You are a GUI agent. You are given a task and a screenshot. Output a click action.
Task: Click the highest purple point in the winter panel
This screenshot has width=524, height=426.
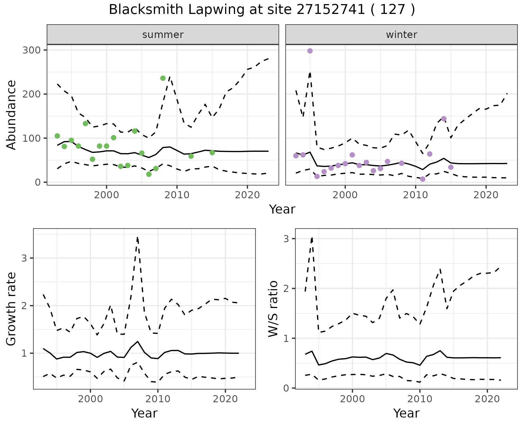click(310, 51)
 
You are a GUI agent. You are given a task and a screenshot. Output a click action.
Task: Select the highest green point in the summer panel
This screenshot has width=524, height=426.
click(163, 78)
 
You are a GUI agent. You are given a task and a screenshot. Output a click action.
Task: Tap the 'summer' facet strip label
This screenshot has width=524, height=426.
click(163, 35)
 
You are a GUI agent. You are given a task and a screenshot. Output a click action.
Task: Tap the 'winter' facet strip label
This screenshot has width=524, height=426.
click(401, 35)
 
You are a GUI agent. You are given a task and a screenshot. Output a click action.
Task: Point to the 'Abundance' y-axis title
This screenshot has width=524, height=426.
click(11, 115)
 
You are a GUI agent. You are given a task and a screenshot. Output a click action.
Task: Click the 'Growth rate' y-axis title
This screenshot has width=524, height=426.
click(11, 309)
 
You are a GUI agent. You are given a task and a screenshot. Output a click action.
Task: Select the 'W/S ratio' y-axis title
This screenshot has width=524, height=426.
click(273, 309)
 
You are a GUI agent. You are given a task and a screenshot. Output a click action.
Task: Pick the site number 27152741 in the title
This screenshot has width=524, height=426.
click(331, 10)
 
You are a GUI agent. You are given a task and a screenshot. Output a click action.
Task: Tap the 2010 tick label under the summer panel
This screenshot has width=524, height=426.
click(177, 196)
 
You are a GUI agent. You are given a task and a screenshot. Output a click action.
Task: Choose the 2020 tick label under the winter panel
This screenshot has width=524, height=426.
click(486, 196)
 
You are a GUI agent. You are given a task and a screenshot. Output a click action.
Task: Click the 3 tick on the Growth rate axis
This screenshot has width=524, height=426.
click(24, 258)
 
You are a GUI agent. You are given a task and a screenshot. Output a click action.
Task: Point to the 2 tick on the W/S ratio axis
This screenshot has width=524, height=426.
click(286, 289)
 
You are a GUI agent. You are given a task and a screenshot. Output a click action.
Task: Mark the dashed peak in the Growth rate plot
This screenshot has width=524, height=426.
click(138, 238)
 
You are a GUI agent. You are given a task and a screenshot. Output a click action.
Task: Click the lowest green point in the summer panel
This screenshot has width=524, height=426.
click(149, 174)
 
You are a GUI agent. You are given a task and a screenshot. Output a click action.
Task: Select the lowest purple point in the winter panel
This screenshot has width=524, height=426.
click(422, 179)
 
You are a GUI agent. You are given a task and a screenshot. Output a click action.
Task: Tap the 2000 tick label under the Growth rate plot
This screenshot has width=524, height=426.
click(90, 399)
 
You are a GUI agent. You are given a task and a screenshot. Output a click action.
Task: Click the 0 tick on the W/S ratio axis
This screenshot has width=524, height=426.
click(286, 388)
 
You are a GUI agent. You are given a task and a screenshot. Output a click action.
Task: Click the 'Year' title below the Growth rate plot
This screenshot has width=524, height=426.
click(144, 413)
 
